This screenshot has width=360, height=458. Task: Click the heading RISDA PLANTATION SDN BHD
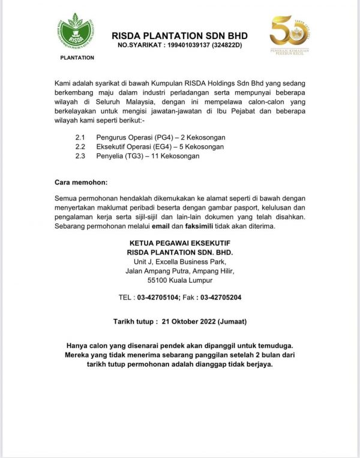pos(179,35)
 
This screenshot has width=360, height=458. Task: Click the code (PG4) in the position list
pos(164,137)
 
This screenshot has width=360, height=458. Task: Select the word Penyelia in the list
pos(109,156)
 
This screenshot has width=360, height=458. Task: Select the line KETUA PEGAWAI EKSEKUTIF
pos(180,243)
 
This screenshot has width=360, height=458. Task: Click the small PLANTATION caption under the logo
pos(78,58)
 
